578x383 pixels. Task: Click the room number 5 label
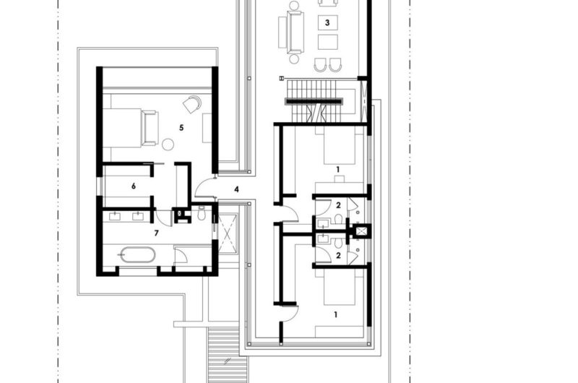click(x=182, y=127)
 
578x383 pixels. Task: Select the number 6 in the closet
click(x=134, y=186)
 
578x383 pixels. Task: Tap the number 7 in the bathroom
click(x=156, y=233)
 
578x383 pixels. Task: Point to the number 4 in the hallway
click(x=236, y=189)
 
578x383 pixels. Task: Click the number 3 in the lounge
click(x=327, y=23)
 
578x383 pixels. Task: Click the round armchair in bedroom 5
click(x=191, y=104)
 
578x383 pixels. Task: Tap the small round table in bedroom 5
click(x=168, y=144)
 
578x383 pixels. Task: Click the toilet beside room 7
click(x=202, y=214)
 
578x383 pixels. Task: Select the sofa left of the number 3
click(x=294, y=30)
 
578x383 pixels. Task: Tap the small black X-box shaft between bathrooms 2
click(x=359, y=231)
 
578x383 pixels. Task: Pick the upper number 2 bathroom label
click(x=337, y=205)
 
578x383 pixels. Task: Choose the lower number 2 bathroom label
click(x=337, y=255)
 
